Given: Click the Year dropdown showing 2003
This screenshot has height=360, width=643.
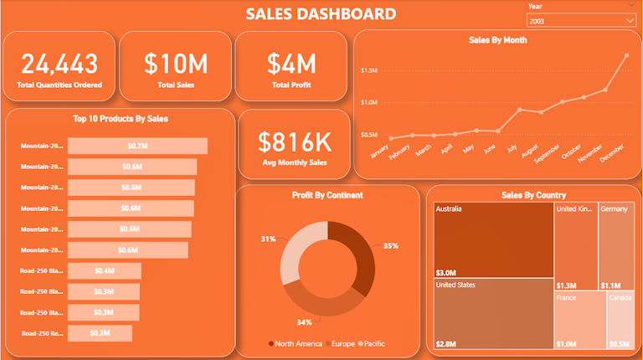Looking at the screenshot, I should (581, 20).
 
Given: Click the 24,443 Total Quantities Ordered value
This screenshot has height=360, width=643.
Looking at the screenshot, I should (59, 63).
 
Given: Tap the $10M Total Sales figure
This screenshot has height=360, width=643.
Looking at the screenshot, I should (176, 63).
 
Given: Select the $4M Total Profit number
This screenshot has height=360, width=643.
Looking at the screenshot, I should (291, 63).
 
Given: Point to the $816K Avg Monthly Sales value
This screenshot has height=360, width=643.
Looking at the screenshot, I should (294, 141).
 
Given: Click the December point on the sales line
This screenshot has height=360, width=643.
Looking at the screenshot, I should (625, 55).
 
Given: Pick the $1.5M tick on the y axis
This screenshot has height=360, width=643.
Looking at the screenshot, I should (369, 70).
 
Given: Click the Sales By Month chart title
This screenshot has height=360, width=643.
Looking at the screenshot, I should (497, 39).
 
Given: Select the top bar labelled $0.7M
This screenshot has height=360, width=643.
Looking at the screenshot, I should (137, 147).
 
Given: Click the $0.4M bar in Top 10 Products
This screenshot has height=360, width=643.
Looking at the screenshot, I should (105, 270).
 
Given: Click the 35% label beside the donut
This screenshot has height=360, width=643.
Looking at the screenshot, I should (391, 246).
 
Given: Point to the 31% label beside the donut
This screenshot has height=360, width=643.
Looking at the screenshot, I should (268, 239).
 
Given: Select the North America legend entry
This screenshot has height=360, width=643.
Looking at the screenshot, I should (296, 343).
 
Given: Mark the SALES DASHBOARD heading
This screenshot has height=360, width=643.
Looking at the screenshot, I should (321, 13).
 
